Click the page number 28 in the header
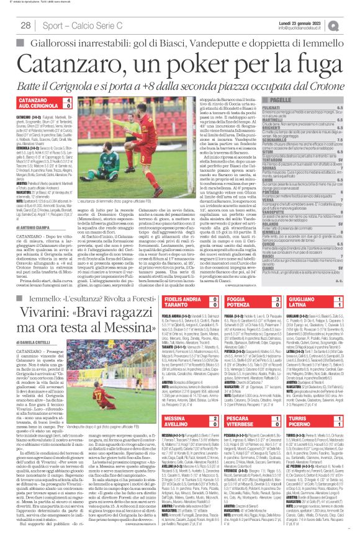[25, 25]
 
